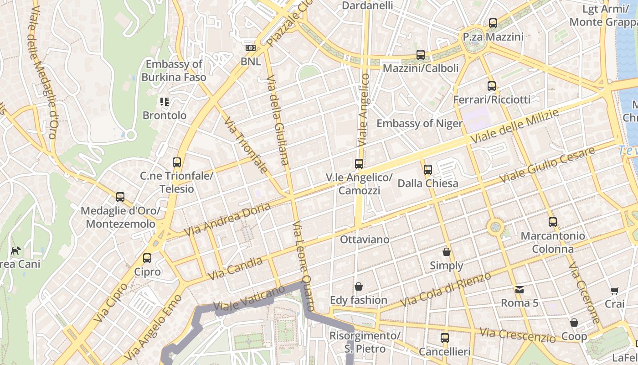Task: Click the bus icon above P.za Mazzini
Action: click(x=493, y=23)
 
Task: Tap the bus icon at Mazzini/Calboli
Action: click(x=420, y=55)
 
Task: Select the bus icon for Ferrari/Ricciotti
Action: click(x=491, y=86)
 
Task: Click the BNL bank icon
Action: click(x=250, y=48)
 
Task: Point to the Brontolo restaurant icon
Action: click(x=165, y=102)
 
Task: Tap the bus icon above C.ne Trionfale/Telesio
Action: click(x=176, y=162)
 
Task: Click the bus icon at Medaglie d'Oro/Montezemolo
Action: click(x=120, y=197)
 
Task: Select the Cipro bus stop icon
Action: click(x=147, y=258)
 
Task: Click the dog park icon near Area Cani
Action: click(x=16, y=250)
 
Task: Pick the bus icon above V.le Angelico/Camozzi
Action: click(x=359, y=163)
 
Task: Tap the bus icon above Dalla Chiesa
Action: click(x=427, y=170)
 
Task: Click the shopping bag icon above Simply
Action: click(x=446, y=252)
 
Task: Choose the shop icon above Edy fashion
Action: click(x=359, y=287)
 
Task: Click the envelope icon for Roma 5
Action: click(x=519, y=289)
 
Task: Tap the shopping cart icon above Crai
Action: click(x=614, y=290)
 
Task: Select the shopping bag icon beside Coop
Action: click(x=574, y=323)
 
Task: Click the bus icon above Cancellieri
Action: click(x=444, y=338)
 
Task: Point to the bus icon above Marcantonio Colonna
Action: click(x=552, y=222)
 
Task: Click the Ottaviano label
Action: click(x=365, y=240)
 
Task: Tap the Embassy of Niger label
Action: click(x=419, y=124)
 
